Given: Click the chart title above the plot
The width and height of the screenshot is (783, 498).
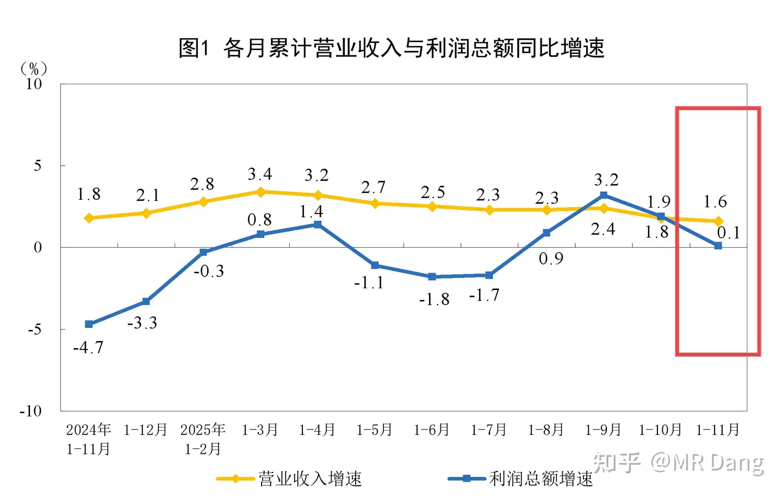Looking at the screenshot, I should point(391,48).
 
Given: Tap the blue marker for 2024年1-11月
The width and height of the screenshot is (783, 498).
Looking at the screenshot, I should point(89,324).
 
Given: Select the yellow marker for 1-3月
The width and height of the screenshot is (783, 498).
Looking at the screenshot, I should point(260,192).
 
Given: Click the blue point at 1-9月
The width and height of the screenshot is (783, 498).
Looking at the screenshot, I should point(604,195).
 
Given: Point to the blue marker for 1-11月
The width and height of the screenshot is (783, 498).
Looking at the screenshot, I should point(718,245).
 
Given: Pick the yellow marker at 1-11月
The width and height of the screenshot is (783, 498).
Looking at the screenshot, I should point(718,221).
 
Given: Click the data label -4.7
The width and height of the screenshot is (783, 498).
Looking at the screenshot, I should point(88,348).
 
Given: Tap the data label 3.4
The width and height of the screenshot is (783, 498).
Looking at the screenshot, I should point(260,174).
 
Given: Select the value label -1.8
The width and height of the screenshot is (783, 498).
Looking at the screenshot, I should point(434,300).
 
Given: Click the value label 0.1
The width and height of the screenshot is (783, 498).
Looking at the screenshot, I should point(729,233).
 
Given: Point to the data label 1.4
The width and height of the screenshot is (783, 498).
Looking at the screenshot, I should point(311,212).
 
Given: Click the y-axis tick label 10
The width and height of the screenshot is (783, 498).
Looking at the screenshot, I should point(34,84).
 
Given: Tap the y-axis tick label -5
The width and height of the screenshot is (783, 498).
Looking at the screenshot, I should point(34,329).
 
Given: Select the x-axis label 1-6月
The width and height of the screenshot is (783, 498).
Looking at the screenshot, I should point(432,430).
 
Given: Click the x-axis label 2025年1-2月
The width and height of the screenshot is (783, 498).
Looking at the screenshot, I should point(203,439).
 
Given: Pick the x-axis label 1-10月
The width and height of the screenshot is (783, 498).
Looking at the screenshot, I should point(660,430).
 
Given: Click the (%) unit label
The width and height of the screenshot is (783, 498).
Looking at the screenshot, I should point(34,69).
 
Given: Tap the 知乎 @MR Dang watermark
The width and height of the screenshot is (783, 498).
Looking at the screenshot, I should point(679,463).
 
